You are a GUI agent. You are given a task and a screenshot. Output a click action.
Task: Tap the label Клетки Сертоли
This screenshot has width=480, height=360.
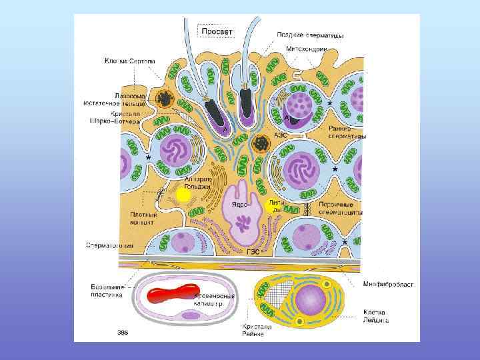pyautogui.click(x=129, y=62)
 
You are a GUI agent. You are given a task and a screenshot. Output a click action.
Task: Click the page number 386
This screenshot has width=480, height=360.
pyautogui.click(x=123, y=332)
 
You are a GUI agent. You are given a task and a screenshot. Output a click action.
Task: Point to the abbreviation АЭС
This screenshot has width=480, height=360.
pyautogui.click(x=280, y=135)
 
